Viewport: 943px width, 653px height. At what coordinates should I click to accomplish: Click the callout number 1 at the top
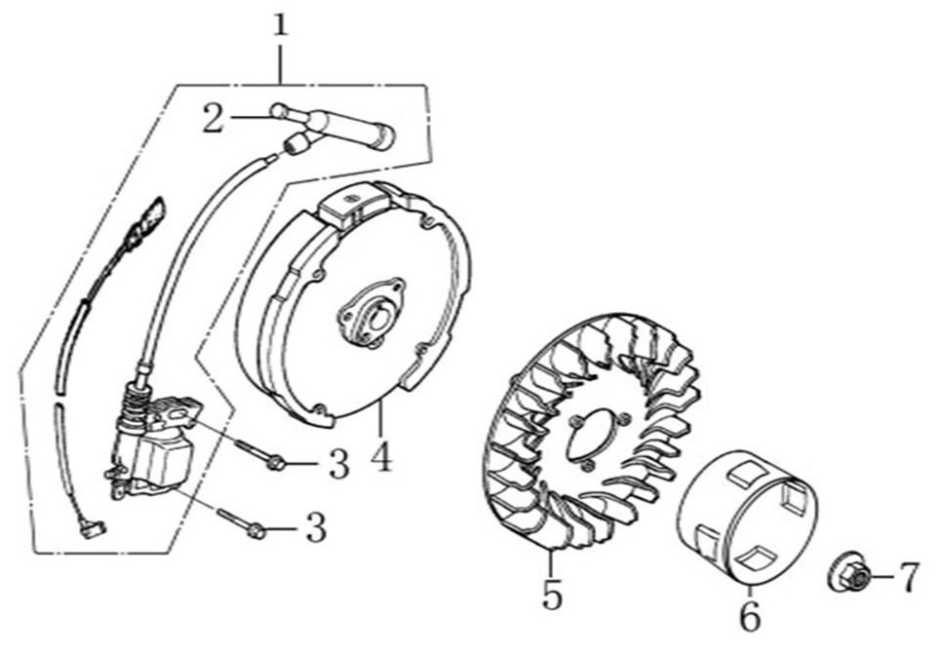(281, 26)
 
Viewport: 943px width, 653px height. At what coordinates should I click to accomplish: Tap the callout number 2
(214, 118)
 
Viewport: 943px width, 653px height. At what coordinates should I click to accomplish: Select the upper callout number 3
(338, 465)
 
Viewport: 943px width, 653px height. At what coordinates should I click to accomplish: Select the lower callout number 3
(316, 528)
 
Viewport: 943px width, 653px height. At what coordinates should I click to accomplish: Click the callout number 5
(552, 595)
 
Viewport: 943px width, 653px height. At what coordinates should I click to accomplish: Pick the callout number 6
(749, 616)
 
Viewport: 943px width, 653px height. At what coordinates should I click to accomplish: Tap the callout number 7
(908, 577)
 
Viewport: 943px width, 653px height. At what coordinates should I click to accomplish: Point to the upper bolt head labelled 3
(275, 463)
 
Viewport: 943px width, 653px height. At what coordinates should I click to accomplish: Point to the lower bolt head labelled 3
(255, 531)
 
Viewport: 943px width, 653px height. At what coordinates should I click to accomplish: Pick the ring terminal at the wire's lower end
(93, 529)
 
